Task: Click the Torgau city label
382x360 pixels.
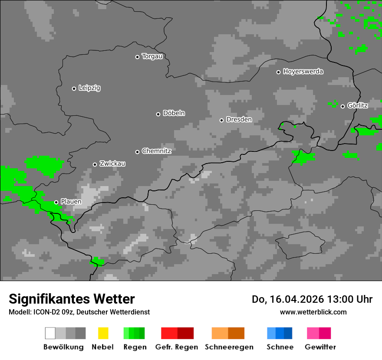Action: [152, 56]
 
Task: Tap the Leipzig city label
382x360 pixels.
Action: [89, 88]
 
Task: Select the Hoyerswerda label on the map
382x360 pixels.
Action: [303, 72]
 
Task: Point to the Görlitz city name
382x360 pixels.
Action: [358, 106]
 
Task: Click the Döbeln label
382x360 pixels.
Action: [174, 113]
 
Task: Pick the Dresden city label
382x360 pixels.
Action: [239, 119]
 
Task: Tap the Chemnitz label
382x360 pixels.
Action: [156, 151]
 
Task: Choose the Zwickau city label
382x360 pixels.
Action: [112, 164]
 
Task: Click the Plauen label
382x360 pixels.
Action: [71, 202]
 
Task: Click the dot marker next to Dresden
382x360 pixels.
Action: [221, 120]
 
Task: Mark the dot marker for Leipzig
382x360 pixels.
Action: [74, 88]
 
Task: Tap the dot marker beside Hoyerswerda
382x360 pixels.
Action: [278, 72]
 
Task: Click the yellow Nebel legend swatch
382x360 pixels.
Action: [103, 333]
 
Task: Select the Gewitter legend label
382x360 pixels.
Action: [320, 347]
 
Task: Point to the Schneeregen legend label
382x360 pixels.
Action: [229, 347]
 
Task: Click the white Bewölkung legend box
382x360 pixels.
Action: [50, 333]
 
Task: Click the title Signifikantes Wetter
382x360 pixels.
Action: [72, 299]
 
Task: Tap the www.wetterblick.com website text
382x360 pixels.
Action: [313, 312]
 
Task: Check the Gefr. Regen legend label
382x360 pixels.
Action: [177, 347]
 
